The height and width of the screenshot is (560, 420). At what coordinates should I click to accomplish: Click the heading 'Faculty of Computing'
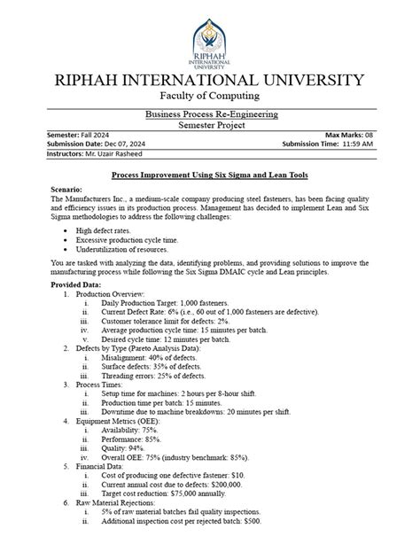click(x=210, y=96)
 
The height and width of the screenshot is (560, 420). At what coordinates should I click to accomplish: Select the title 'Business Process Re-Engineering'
click(x=210, y=114)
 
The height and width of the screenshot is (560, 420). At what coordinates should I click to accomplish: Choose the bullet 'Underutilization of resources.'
click(x=123, y=250)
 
